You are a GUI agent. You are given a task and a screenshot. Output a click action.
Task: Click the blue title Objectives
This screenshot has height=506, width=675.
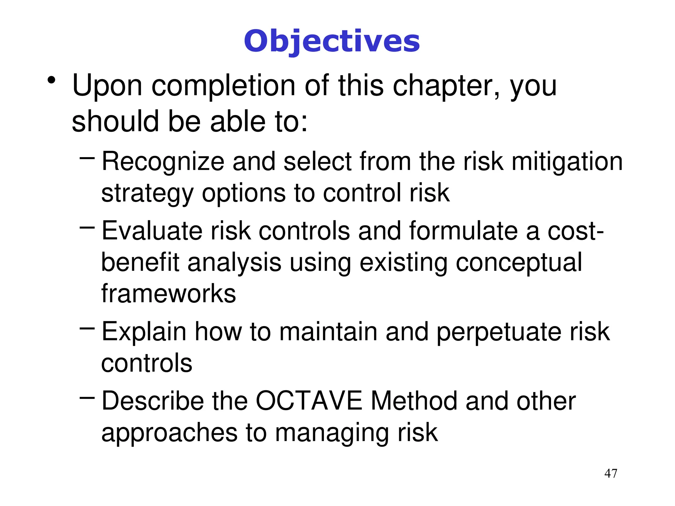click(332, 42)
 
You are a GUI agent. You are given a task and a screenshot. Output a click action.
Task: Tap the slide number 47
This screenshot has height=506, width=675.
click(611, 473)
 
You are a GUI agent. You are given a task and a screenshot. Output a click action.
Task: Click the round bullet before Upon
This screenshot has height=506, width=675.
click(51, 80)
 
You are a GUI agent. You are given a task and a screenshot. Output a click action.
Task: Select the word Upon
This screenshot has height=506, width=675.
click(107, 86)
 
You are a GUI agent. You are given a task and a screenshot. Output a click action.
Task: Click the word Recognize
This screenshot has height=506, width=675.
click(163, 161)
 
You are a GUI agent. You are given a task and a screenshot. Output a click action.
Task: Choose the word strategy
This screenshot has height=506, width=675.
click(147, 193)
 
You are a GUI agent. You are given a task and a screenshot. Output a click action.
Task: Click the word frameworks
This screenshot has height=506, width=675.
click(168, 293)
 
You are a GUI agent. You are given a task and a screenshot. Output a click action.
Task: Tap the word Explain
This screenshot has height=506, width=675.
click(144, 331)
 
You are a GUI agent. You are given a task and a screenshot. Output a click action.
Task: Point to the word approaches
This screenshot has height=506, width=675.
click(169, 433)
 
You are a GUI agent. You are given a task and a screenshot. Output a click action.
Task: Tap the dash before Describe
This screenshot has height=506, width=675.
click(87, 398)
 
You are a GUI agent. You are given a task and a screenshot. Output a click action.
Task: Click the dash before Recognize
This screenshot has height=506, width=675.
click(87, 158)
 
